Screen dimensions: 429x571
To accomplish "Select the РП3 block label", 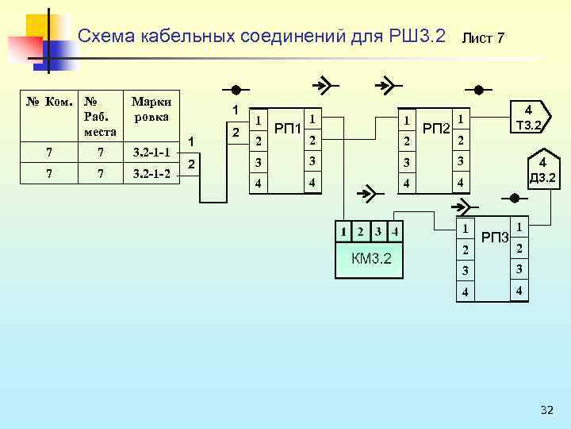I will pyautogui.click(x=495, y=237).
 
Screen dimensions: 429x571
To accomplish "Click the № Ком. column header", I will pyautogui.click(x=50, y=102).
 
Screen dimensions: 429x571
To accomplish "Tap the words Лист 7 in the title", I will pyautogui.click(x=483, y=38).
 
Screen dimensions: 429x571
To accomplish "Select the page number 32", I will pyautogui.click(x=546, y=410).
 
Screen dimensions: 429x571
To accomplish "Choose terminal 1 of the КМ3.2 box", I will pyautogui.click(x=343, y=232).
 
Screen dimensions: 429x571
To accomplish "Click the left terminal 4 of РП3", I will pyautogui.click(x=466, y=292).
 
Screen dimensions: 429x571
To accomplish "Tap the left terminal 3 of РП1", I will pyautogui.click(x=258, y=162).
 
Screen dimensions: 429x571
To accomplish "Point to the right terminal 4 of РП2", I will pyautogui.click(x=459, y=184).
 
